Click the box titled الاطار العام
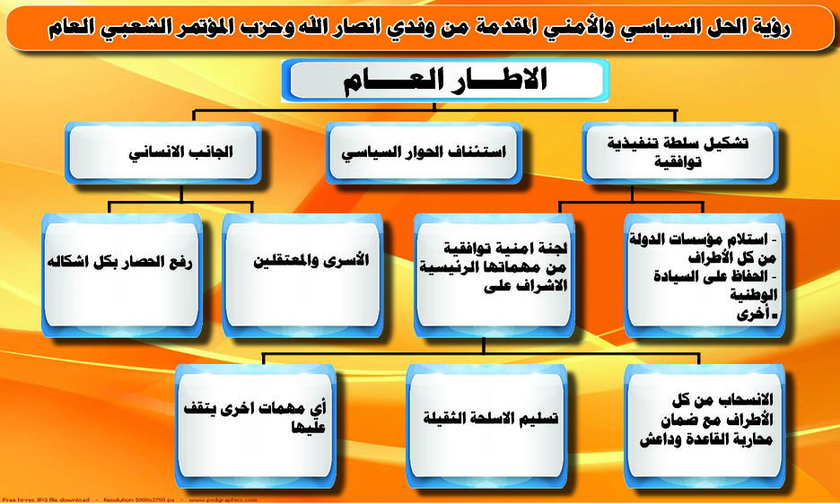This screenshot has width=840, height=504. [x=445, y=81]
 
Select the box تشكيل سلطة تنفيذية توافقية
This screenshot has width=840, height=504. [x=679, y=153]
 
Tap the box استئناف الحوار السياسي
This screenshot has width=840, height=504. [x=424, y=153]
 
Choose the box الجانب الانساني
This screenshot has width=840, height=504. [x=162, y=153]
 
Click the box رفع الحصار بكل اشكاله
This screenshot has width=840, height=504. [x=122, y=275]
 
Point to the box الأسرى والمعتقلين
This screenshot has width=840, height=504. [x=302, y=275]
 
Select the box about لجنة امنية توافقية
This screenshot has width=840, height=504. [x=494, y=275]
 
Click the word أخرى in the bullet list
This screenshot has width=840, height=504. [x=753, y=314]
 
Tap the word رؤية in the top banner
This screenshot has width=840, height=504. [x=772, y=28]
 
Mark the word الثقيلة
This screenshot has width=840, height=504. [x=445, y=417]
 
